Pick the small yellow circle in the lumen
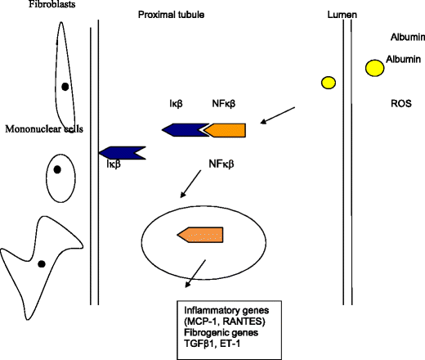coord(329,81)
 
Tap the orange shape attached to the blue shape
coord(225,129)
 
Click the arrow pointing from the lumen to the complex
coord(277,115)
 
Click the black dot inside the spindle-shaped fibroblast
coord(65,86)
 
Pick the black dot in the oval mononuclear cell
coord(57,170)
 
